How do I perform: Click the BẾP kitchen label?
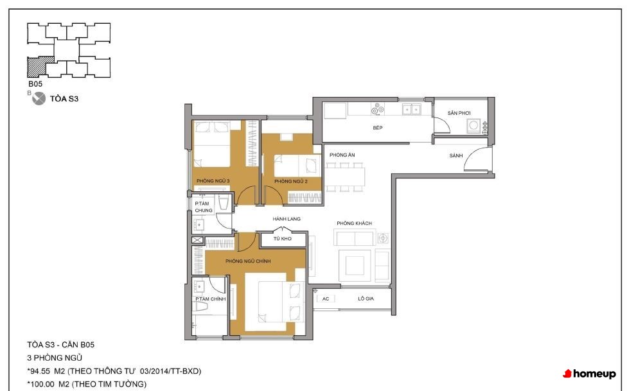tap(378, 128)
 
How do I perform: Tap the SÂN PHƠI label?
tap(459, 113)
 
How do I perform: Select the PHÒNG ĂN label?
tap(342, 155)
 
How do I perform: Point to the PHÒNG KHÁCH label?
tap(354, 223)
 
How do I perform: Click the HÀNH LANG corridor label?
tap(287, 219)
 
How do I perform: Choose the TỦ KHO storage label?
tap(282, 239)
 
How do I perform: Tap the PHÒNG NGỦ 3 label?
tap(213, 180)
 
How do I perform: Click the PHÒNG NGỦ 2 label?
tap(291, 181)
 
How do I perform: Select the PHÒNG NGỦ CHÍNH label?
tap(248, 261)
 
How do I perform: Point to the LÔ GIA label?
tap(366, 299)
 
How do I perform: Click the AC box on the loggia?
tap(326, 299)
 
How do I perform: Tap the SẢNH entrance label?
tap(456, 155)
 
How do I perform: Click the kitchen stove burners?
tap(378, 109)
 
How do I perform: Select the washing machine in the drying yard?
tap(474, 126)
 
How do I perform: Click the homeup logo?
tap(589, 374)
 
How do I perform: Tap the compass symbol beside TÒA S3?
tap(39, 98)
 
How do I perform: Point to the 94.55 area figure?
tap(40, 371)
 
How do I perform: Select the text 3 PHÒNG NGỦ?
tap(55, 358)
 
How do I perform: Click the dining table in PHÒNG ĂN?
tap(345, 177)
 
